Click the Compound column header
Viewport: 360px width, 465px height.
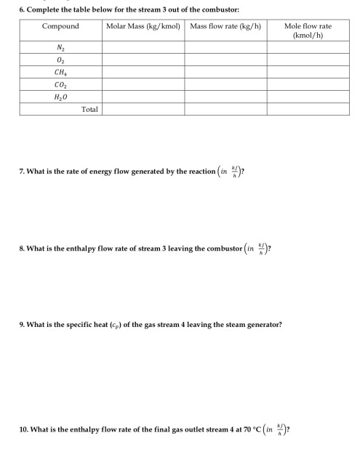60,26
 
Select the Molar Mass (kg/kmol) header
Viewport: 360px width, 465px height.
143,26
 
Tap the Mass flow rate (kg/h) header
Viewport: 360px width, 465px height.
225,26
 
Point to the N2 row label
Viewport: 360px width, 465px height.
60,49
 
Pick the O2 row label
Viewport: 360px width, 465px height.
60,61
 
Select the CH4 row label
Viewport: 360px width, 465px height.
60,73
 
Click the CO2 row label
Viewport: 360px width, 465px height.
60,84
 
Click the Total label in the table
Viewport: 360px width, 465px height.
89,109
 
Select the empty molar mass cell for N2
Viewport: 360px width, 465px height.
143,49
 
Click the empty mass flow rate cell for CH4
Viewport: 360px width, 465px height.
225,73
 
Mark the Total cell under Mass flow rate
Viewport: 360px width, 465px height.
225,109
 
